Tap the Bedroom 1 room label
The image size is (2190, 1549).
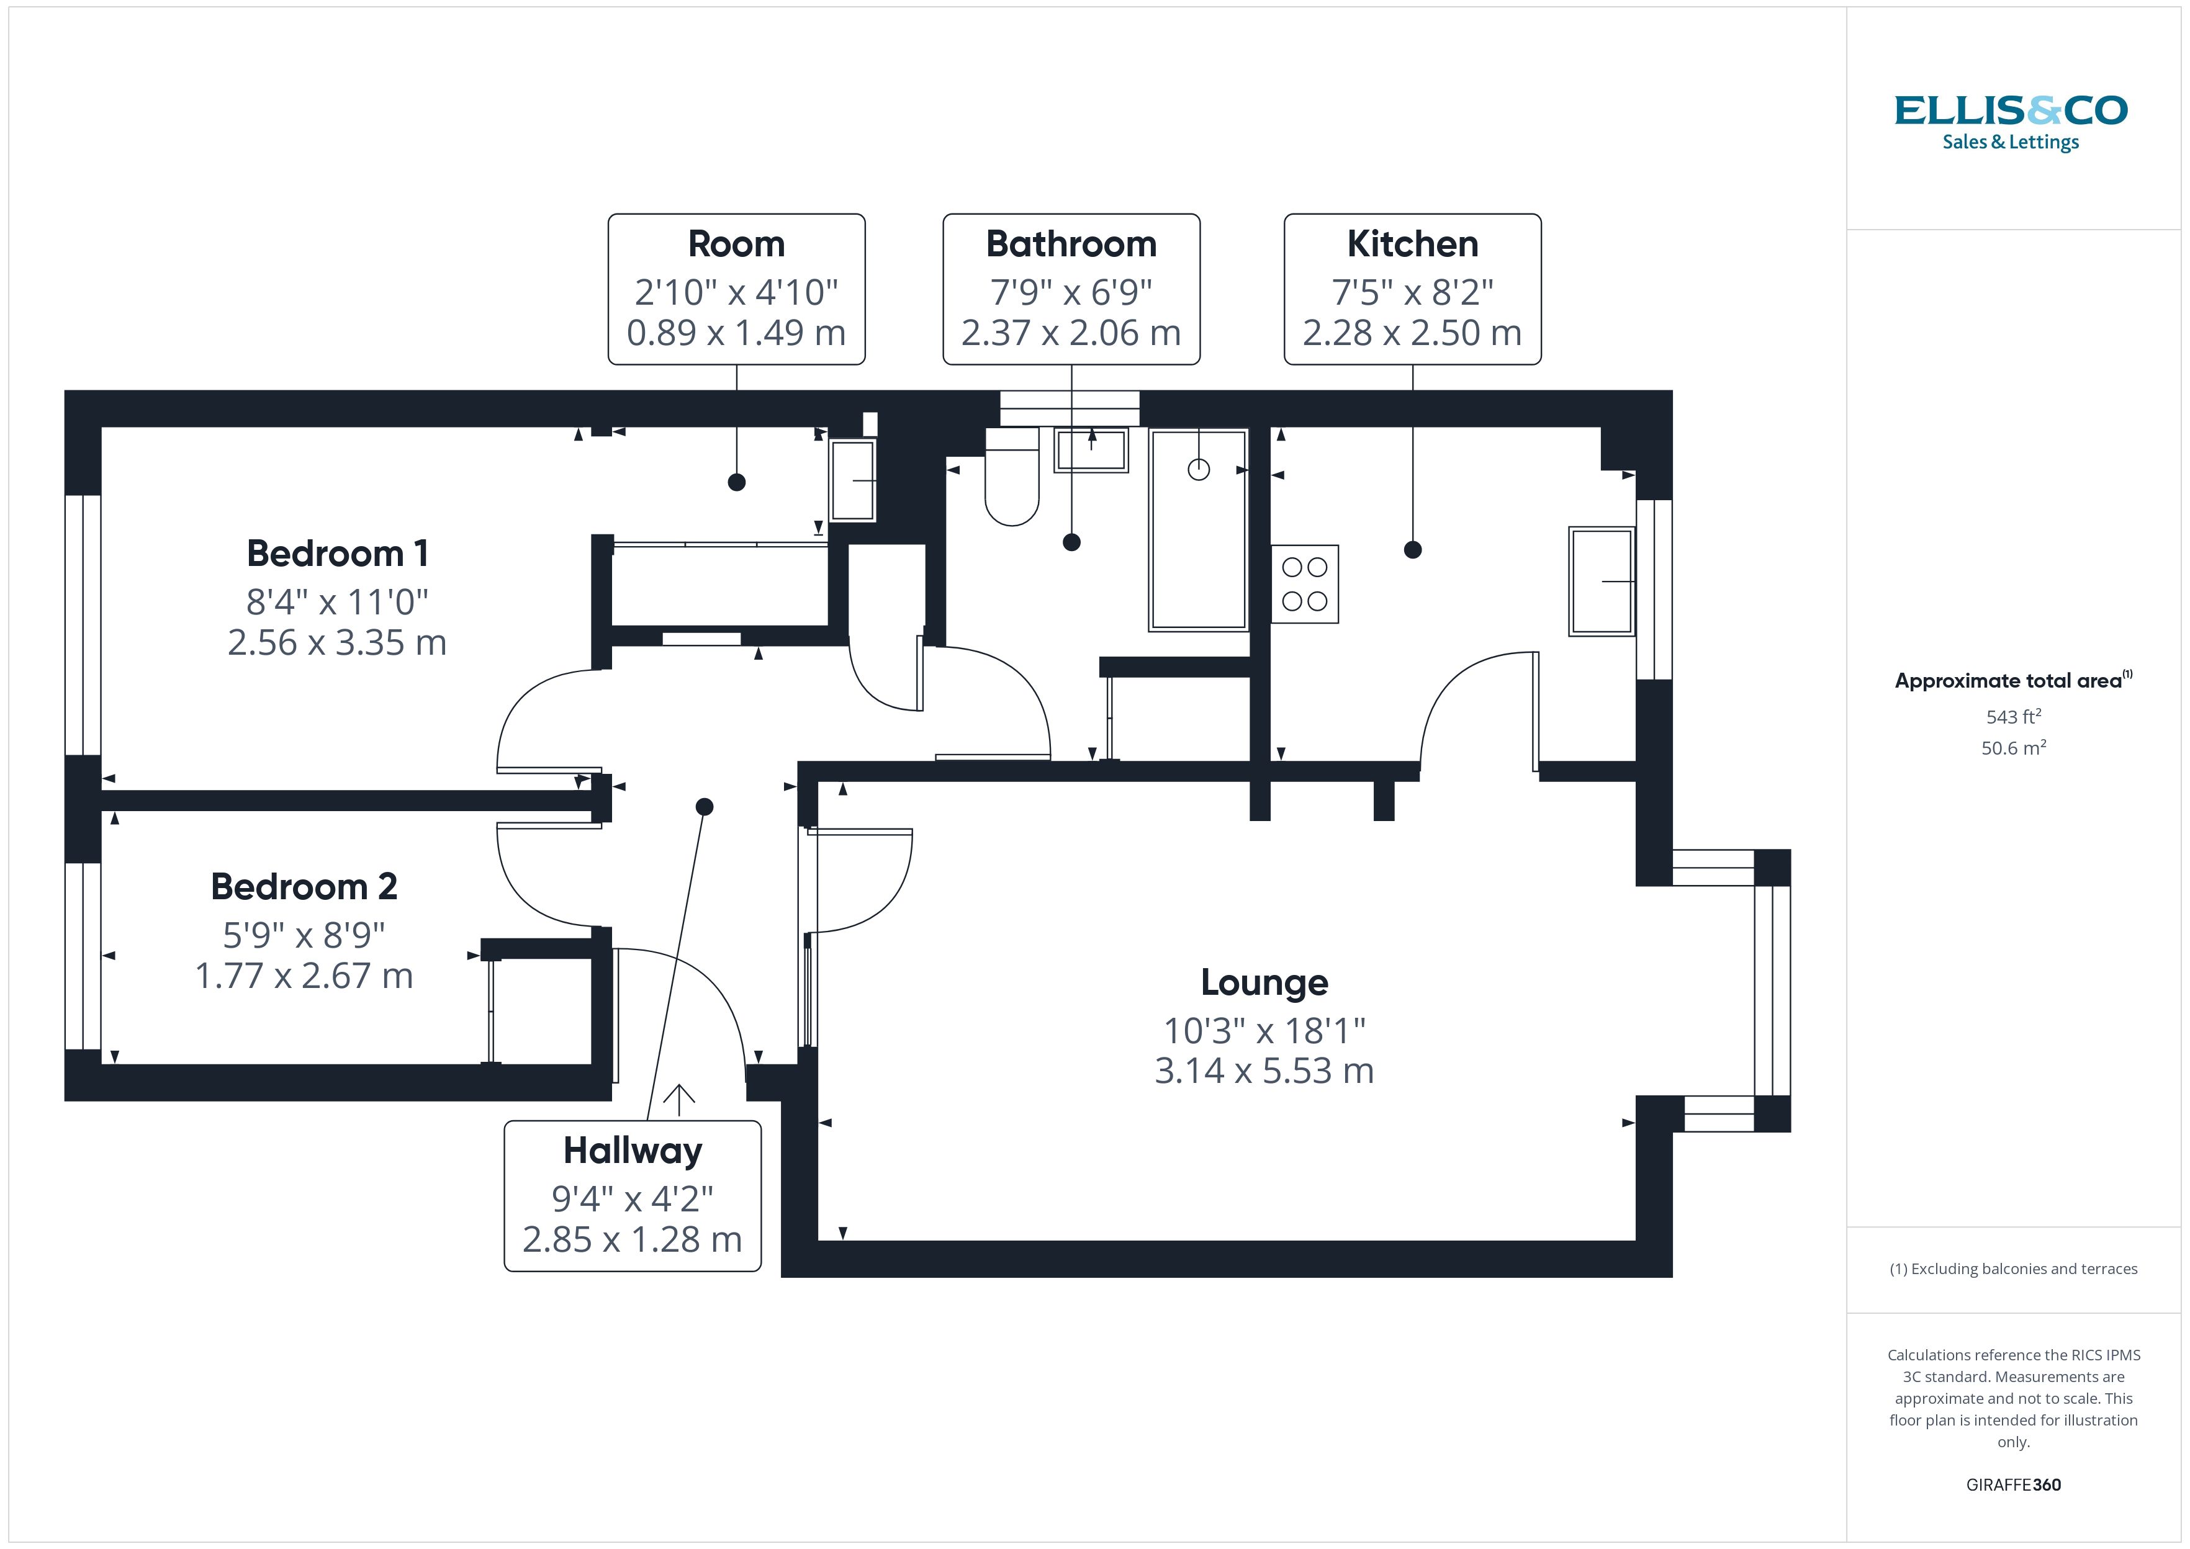[x=338, y=553]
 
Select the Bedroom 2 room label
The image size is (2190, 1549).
[x=304, y=886]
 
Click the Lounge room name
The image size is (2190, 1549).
[x=1264, y=982]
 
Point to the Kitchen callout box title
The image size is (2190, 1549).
[x=1412, y=244]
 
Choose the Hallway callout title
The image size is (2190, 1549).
[x=633, y=1151]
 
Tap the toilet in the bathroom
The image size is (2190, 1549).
[x=1011, y=482]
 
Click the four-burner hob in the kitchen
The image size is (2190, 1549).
[x=1304, y=585]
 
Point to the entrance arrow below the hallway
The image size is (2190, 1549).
[x=678, y=1099]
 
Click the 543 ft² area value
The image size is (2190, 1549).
[x=2012, y=716]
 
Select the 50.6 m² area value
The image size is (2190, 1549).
[x=2012, y=748]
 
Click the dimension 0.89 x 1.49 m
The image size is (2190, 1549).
[x=736, y=333]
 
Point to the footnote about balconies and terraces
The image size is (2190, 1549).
[x=2012, y=1268]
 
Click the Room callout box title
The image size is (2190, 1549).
[x=736, y=244]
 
